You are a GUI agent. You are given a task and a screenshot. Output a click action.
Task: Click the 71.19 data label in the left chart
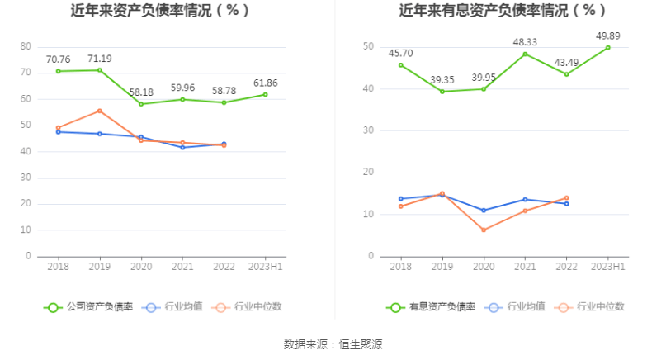[100, 59]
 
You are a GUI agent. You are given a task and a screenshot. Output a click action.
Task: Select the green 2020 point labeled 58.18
[141, 104]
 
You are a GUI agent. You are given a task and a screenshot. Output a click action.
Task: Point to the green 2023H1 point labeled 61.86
[266, 94]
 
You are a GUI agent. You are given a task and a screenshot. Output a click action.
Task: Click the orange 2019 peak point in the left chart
[100, 111]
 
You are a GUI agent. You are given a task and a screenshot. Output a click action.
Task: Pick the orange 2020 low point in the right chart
[484, 230]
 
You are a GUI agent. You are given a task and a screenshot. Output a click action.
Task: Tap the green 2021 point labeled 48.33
[525, 54]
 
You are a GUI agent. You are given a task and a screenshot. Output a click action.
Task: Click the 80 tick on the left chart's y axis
[26, 46]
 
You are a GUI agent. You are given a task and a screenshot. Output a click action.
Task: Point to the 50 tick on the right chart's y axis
[369, 46]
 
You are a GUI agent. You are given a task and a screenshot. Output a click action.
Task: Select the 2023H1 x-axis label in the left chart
[266, 267]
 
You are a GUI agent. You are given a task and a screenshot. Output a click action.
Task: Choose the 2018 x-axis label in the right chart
[401, 267]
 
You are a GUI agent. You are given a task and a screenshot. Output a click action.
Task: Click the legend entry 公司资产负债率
[88, 307]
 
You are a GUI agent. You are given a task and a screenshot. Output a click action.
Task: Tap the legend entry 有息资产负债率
[431, 307]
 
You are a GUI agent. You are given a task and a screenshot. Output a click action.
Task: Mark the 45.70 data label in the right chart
[401, 53]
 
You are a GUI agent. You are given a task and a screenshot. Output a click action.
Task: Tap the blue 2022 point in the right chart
[566, 203]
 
